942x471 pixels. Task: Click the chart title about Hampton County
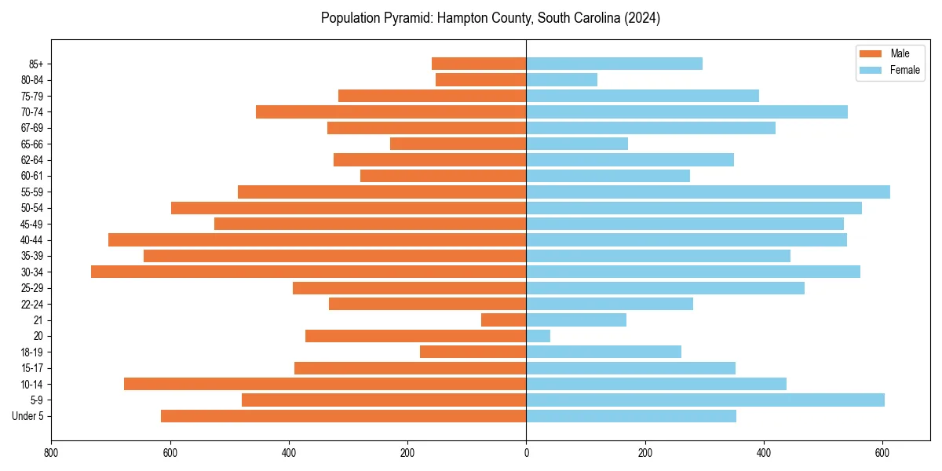(x=491, y=18)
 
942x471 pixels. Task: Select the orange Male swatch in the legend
(x=871, y=53)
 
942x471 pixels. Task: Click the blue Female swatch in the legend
(x=871, y=70)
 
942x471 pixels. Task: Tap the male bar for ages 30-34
(x=309, y=272)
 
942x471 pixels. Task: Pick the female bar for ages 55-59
(x=707, y=192)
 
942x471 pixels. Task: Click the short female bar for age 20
(x=538, y=336)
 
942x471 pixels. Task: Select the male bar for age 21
(x=503, y=320)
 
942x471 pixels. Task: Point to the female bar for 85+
(x=614, y=64)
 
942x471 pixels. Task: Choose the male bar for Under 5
(x=343, y=416)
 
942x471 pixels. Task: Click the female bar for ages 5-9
(x=705, y=400)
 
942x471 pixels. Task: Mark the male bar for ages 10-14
(x=325, y=384)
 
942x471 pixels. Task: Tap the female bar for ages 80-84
(x=561, y=79)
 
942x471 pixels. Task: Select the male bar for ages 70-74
(x=391, y=111)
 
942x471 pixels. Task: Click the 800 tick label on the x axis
(x=51, y=453)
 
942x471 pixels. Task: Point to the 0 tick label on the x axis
(x=526, y=453)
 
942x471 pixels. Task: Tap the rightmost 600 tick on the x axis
(x=882, y=453)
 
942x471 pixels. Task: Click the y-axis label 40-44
(x=32, y=240)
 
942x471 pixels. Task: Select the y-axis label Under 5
(x=28, y=416)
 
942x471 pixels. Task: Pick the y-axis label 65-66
(x=32, y=144)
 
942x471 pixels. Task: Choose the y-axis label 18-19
(x=32, y=352)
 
